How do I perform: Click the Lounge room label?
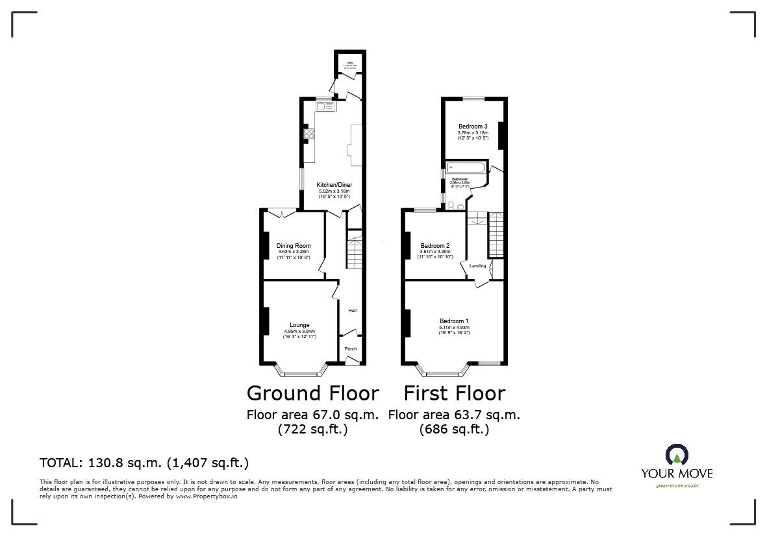click(299, 325)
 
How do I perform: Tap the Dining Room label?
click(294, 246)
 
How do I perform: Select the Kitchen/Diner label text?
click(334, 184)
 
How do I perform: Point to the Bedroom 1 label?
click(454, 321)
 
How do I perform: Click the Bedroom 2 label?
click(435, 246)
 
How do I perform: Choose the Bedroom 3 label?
click(473, 126)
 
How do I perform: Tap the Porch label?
click(351, 349)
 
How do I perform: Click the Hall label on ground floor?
click(352, 311)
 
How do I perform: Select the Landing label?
click(478, 266)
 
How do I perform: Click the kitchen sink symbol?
click(325, 106)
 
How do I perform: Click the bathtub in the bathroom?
click(464, 168)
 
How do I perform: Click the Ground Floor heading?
click(312, 393)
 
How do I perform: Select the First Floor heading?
click(454, 393)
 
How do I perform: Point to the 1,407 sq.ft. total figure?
click(208, 463)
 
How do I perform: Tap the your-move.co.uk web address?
click(677, 485)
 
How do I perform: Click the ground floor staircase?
click(355, 253)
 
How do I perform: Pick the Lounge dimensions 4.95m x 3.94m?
click(299, 332)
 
